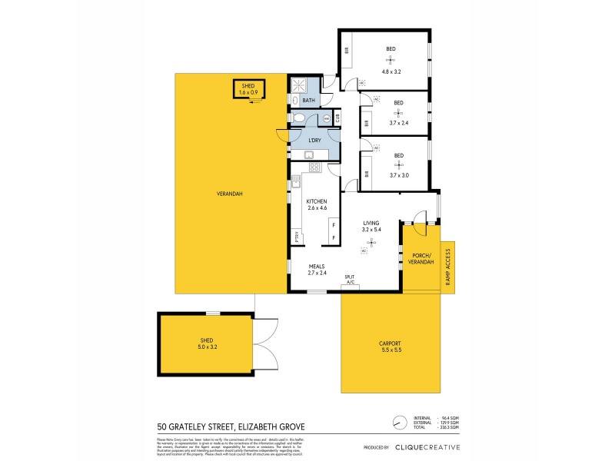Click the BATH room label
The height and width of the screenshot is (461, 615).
click(x=308, y=101)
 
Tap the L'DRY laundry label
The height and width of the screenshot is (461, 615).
click(x=314, y=140)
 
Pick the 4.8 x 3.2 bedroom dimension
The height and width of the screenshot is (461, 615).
click(x=391, y=71)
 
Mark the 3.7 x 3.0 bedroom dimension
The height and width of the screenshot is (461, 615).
click(x=398, y=175)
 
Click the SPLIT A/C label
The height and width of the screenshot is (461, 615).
click(x=350, y=280)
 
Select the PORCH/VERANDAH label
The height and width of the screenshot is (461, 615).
click(x=421, y=260)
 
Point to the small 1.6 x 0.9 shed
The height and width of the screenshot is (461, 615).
click(x=248, y=89)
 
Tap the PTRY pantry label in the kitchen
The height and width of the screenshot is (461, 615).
click(x=294, y=237)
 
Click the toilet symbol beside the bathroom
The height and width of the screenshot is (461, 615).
click(x=300, y=118)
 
